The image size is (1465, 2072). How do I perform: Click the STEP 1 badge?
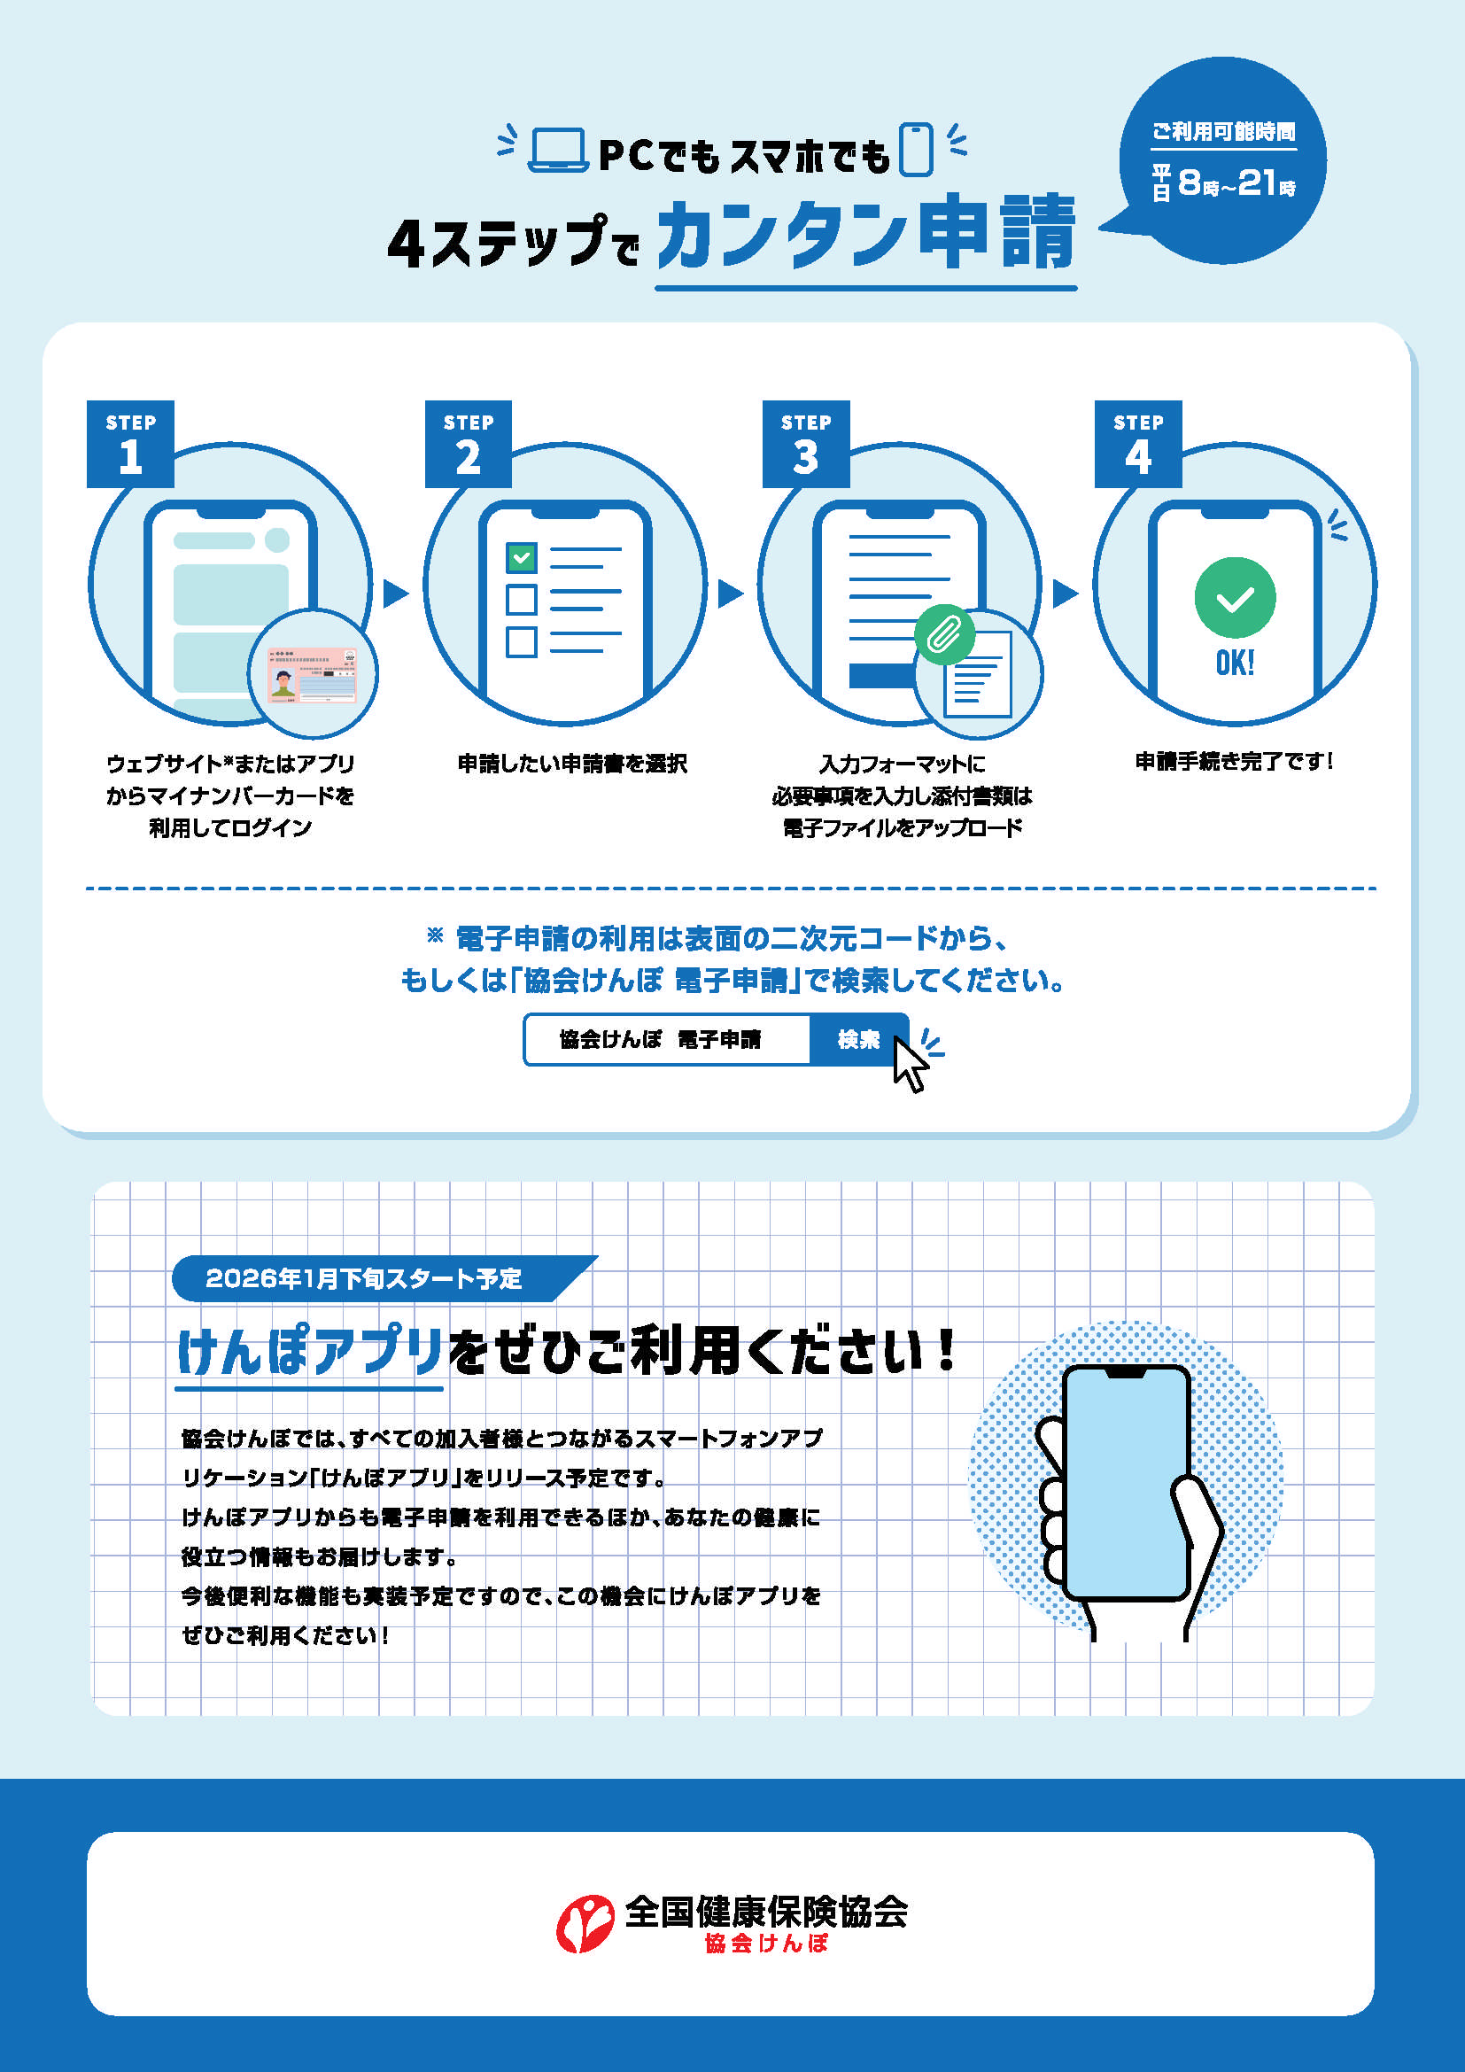click(130, 444)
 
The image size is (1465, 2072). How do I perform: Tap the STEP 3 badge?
click(805, 444)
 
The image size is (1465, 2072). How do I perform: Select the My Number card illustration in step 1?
click(313, 674)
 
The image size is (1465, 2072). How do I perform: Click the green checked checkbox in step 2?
click(522, 558)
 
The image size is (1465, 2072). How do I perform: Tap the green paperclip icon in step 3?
click(943, 633)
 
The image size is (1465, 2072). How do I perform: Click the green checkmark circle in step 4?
click(1234, 597)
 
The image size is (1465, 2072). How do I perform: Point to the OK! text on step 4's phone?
click(1234, 664)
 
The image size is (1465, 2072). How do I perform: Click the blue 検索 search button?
click(857, 1040)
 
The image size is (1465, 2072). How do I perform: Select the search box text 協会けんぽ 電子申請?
click(661, 1040)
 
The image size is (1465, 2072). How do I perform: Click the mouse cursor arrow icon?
click(910, 1065)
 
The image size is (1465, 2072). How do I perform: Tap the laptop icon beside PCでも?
click(557, 150)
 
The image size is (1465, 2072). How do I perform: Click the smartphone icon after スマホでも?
click(917, 150)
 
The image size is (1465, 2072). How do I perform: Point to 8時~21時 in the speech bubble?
click(1236, 184)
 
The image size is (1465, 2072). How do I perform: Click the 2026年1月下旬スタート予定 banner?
click(364, 1278)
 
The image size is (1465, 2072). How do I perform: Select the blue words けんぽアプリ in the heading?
click(309, 1351)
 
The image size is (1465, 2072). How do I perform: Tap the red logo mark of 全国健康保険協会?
click(585, 1923)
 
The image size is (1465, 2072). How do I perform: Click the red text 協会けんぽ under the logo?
click(766, 1943)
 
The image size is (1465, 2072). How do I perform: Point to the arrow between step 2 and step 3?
click(730, 594)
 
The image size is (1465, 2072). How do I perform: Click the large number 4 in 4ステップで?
click(406, 244)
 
